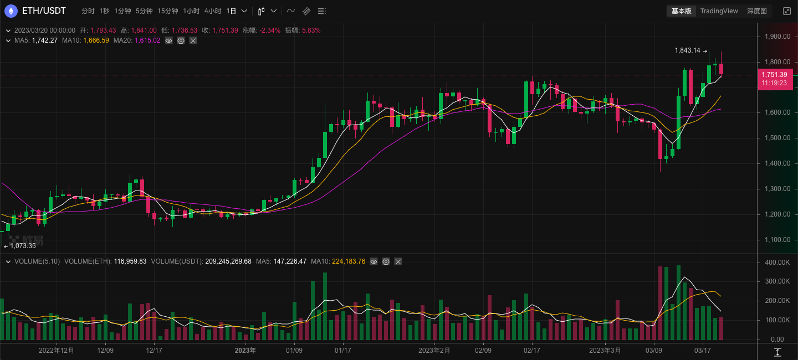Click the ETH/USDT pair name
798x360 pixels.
[x=44, y=11]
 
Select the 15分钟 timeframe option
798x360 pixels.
[x=167, y=11]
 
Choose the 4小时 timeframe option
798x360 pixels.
[x=212, y=11]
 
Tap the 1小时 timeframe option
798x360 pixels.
[x=191, y=11]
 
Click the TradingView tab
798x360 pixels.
[x=719, y=11]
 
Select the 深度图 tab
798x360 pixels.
[x=756, y=11]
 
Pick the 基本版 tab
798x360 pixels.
[x=682, y=11]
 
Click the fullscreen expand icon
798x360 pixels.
[x=786, y=11]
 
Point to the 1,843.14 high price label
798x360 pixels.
[x=687, y=50]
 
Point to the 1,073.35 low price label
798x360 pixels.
[x=23, y=246]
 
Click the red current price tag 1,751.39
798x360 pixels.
[x=774, y=75]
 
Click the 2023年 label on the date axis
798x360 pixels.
[x=245, y=351]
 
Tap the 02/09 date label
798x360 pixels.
[x=483, y=351]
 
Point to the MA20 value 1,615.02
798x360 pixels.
[x=147, y=40]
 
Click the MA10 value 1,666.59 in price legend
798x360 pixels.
[x=96, y=40]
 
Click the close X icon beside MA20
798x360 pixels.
[x=193, y=40]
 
